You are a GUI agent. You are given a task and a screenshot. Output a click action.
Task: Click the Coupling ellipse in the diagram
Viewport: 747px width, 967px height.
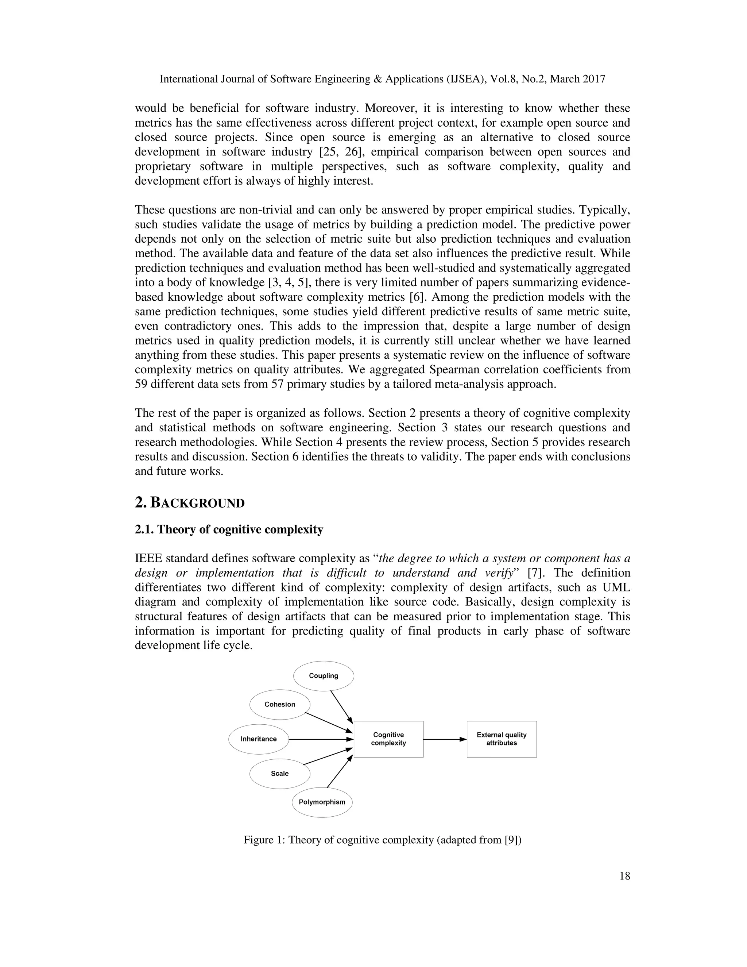(324, 676)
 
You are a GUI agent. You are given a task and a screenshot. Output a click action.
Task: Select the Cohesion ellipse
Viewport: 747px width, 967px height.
(280, 704)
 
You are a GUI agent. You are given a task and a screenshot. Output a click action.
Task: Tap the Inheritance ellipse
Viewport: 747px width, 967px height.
(259, 739)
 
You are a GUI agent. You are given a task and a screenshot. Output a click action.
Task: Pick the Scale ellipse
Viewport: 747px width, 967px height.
(280, 774)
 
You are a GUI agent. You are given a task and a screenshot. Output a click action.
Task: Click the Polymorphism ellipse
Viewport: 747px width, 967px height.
(322, 802)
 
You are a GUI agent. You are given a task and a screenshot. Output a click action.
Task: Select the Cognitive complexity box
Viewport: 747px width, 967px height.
(388, 739)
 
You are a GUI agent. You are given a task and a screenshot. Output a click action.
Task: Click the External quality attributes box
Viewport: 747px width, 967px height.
(502, 739)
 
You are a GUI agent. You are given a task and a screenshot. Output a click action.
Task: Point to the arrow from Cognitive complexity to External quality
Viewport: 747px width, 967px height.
(444, 739)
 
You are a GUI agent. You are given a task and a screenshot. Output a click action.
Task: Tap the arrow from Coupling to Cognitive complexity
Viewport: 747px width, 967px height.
(341, 707)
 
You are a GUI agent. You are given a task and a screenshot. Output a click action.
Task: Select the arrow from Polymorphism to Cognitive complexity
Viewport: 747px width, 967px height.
(340, 771)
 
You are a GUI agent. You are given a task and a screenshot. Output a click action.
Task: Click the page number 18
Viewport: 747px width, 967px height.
(624, 876)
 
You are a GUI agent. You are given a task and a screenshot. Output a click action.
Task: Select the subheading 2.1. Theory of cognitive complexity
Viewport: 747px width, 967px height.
(229, 529)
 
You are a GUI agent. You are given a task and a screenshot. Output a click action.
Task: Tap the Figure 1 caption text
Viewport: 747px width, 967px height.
(382, 840)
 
